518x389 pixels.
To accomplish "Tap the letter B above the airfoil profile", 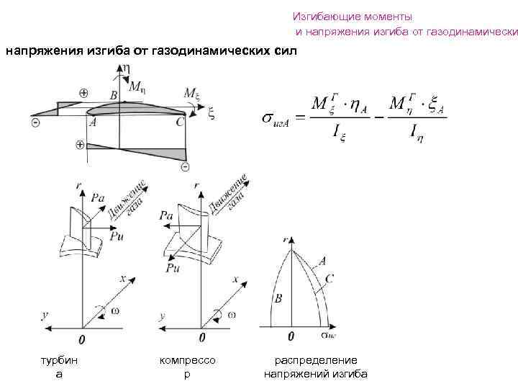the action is click(114, 95).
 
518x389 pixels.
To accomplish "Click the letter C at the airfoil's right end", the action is click(180, 123).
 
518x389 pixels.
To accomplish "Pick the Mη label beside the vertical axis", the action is click(137, 87).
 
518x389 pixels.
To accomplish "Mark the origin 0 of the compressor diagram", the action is click(201, 339).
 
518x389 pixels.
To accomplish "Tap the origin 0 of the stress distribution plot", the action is click(291, 336).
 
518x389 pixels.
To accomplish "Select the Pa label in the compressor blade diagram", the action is click(166, 215).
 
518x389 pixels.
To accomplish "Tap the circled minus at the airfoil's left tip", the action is click(36, 124).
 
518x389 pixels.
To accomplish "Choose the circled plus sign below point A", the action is click(80, 146).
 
